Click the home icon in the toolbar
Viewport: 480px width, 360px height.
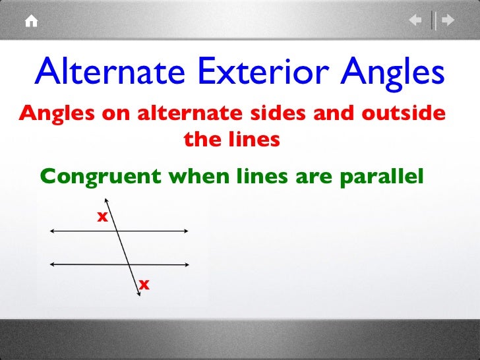tap(31, 21)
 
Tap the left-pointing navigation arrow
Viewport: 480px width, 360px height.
tap(416, 21)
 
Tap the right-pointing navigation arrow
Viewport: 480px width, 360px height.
tap(448, 21)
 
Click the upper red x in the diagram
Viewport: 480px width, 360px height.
tap(102, 216)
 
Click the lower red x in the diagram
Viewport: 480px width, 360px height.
tap(143, 284)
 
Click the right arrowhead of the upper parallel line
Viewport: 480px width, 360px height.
tap(188, 231)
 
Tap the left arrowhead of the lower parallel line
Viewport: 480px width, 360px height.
tap(51, 263)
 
